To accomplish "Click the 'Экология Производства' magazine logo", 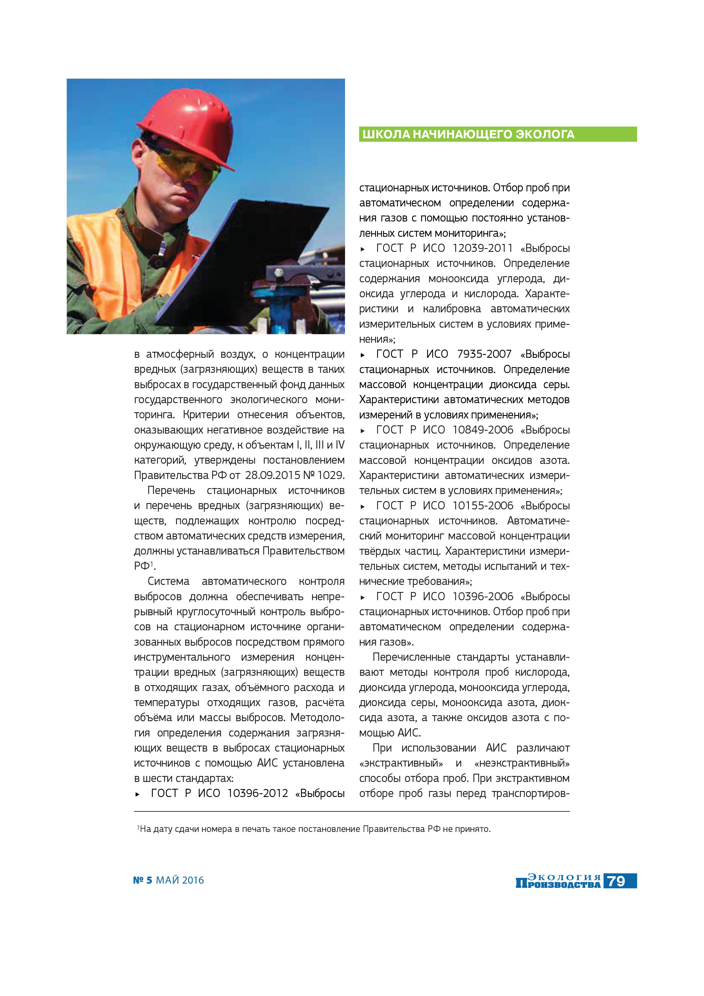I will tap(558, 881).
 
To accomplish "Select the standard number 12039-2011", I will tap(482, 248).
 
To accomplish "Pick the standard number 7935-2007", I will tap(484, 354).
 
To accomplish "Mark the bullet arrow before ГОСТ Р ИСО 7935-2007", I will tap(363, 355).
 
